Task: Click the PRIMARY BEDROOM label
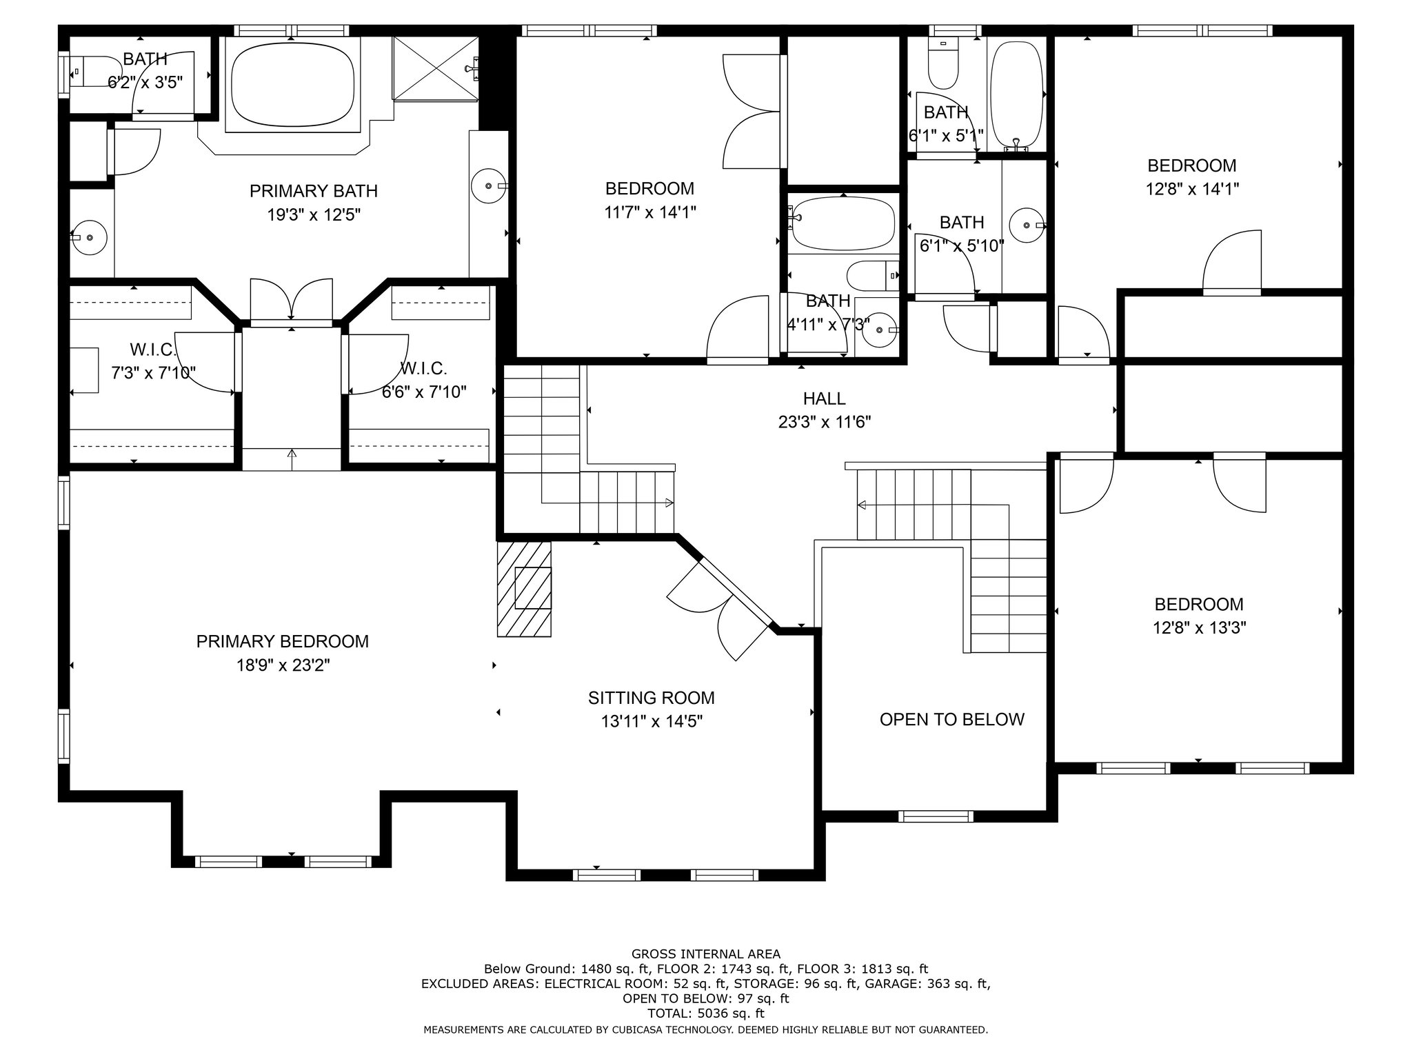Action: click(x=283, y=641)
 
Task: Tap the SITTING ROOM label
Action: click(x=652, y=698)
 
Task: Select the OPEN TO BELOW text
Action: click(x=952, y=719)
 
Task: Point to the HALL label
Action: click(x=825, y=399)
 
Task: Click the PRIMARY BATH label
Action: click(x=314, y=191)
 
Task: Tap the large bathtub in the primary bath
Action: click(x=293, y=84)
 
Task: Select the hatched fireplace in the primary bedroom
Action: click(x=525, y=588)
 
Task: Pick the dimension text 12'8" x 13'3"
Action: click(x=1200, y=628)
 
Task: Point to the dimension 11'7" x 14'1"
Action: click(x=650, y=212)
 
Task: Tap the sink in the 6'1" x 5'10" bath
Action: click(x=1027, y=225)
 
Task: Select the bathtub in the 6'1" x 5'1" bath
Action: click(x=1016, y=94)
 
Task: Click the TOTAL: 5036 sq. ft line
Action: click(x=706, y=1013)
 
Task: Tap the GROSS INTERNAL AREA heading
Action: click(x=706, y=954)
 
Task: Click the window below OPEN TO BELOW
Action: click(x=936, y=816)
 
